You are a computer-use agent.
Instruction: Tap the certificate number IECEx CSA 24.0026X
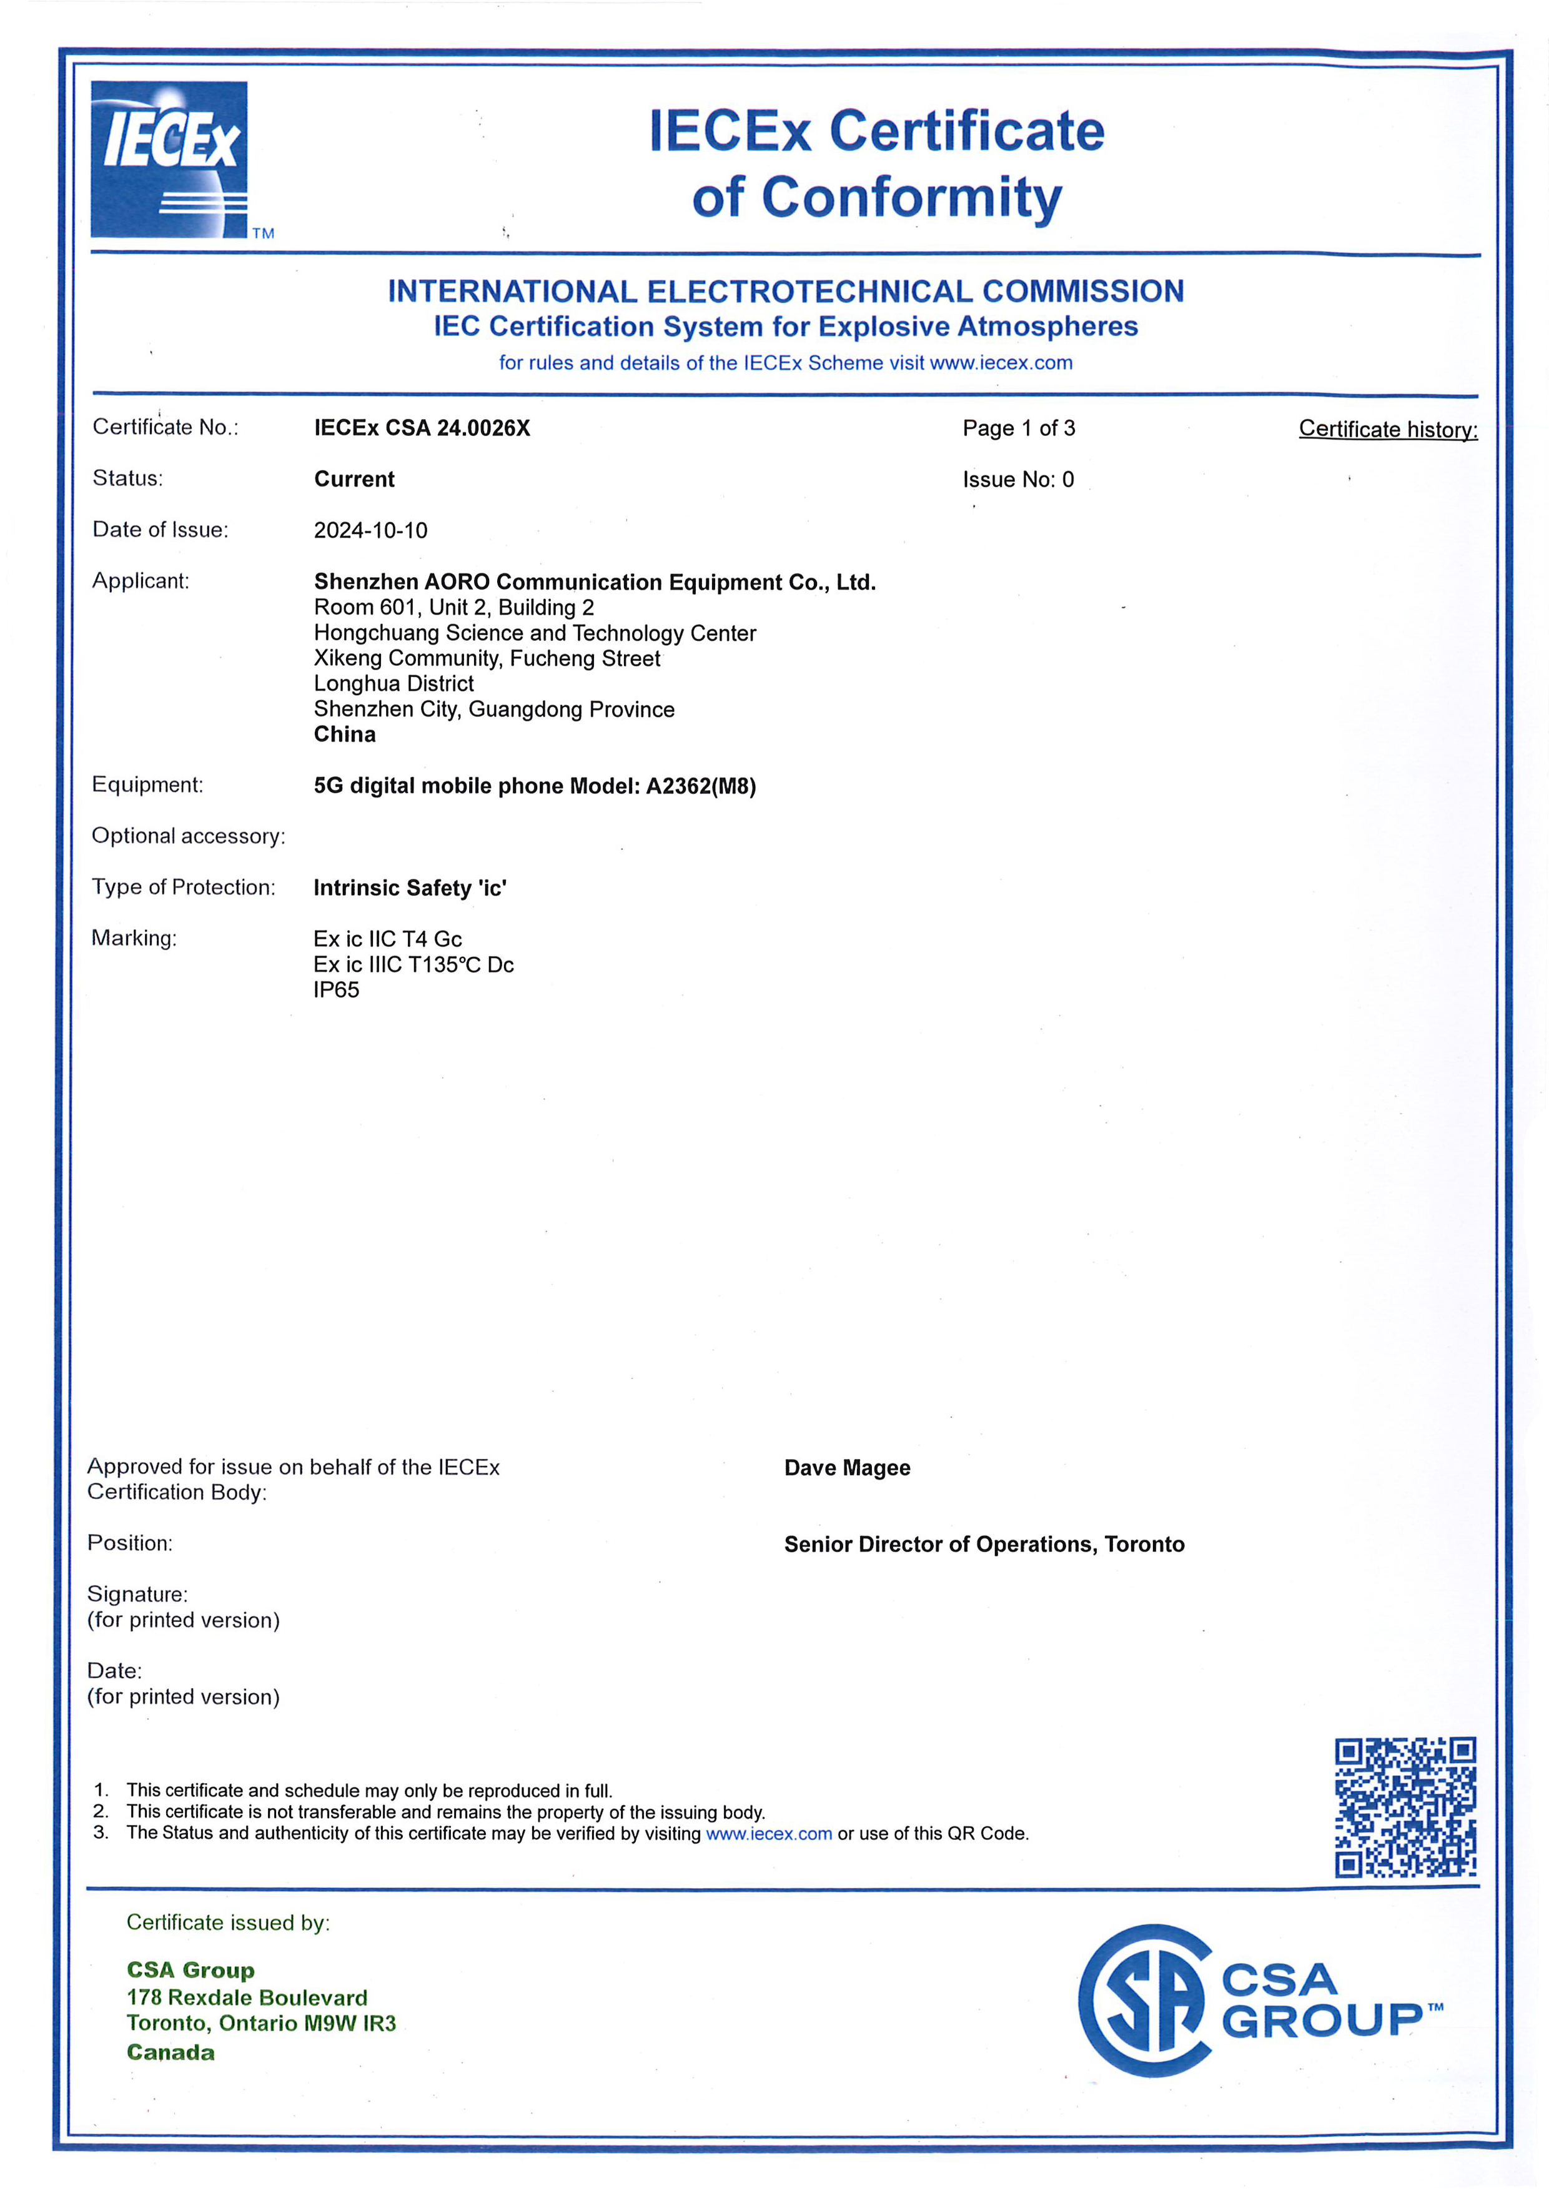[422, 428]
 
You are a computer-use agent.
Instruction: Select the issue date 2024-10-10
[370, 530]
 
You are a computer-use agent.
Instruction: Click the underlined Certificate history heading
[1388, 430]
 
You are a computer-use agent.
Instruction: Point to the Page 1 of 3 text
[1018, 428]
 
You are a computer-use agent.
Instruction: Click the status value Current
[354, 479]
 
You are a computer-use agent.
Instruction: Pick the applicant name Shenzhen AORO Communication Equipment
[595, 582]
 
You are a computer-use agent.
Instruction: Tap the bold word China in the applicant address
[345, 734]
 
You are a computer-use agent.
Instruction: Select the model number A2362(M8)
[701, 786]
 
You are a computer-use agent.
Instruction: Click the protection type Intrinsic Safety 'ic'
[410, 888]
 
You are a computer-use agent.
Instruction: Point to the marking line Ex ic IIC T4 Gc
[387, 939]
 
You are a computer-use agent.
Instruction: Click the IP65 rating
[336, 991]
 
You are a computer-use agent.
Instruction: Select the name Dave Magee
[846, 1468]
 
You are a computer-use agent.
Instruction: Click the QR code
[1405, 1808]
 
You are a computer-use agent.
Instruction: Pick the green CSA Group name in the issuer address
[191, 1971]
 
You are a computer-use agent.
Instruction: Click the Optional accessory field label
[188, 837]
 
